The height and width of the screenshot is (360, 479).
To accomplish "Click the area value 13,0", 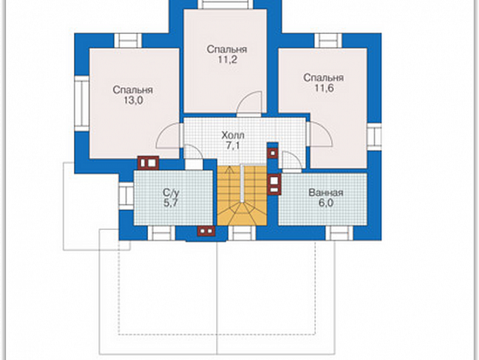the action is click(x=134, y=101).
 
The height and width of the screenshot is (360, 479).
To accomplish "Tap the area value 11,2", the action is click(x=227, y=60).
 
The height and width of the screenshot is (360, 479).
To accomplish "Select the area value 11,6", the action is click(x=324, y=88).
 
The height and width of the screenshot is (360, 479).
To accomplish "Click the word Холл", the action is click(x=233, y=135).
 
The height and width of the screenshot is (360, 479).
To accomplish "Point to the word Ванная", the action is click(x=326, y=193).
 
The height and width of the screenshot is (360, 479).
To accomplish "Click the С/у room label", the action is click(x=171, y=193).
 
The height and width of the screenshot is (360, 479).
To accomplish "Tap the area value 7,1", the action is click(x=233, y=146).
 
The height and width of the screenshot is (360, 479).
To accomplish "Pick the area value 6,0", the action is click(x=326, y=203).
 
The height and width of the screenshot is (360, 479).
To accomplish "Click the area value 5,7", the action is click(x=171, y=203).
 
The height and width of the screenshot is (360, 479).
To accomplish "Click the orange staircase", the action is click(x=242, y=196).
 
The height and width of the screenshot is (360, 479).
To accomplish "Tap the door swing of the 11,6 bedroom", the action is click(x=320, y=134).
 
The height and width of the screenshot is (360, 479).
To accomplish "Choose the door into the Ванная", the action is click(x=292, y=162).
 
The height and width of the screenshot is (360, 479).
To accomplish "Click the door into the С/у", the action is click(x=193, y=156).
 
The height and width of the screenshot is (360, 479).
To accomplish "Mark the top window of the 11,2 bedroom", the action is click(x=226, y=5).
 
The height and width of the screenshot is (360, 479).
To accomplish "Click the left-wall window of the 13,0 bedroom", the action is click(x=82, y=104).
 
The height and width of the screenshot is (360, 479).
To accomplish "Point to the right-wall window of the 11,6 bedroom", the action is click(x=374, y=137).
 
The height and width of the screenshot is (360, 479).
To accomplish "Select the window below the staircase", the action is click(x=242, y=234).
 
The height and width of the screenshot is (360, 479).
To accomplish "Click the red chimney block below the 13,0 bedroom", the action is click(x=148, y=163).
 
